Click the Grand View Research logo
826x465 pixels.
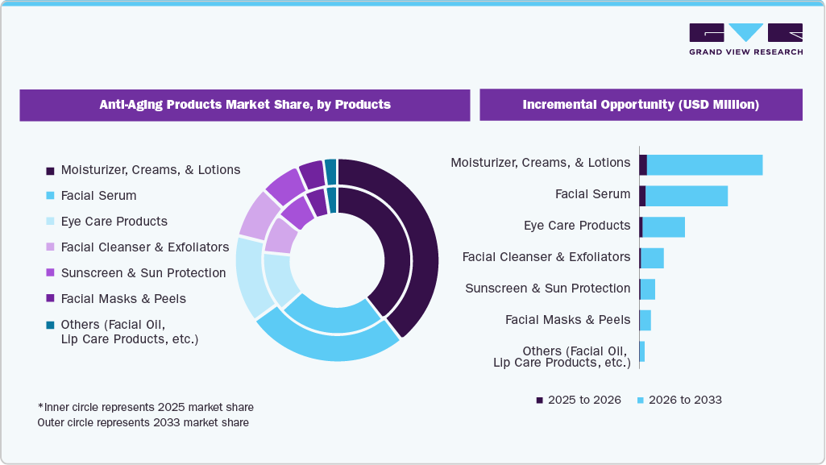(745, 39)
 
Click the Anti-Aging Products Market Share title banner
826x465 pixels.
(245, 105)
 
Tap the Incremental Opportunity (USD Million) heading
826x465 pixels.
(641, 105)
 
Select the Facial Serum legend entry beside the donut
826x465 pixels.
(98, 196)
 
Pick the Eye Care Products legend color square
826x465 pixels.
(50, 222)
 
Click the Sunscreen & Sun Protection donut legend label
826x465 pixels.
(143, 273)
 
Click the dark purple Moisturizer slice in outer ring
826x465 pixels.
(424, 242)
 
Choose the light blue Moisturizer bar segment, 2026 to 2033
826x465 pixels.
(704, 164)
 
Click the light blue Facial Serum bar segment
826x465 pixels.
(686, 196)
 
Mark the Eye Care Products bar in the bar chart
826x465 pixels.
(662, 227)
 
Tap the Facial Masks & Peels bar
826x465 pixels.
(645, 320)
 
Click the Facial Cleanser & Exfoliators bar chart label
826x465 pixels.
(546, 257)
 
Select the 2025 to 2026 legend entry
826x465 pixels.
(578, 401)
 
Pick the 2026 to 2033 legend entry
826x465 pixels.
(679, 401)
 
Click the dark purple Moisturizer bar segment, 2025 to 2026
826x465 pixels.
(643, 164)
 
